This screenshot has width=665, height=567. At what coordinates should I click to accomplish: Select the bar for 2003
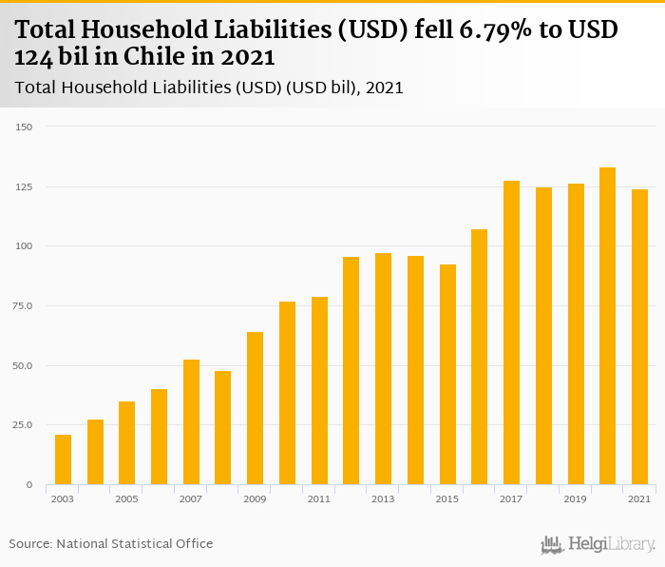click(x=63, y=459)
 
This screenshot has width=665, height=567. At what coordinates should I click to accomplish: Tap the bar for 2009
click(x=255, y=408)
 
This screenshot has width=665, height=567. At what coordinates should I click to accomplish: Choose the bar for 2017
click(x=511, y=333)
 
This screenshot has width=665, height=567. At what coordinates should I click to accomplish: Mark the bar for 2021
click(x=639, y=337)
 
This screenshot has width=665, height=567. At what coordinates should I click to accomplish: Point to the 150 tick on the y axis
click(x=25, y=127)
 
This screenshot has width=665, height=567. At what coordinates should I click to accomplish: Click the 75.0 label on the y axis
click(x=23, y=306)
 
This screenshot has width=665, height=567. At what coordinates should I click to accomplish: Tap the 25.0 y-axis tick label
click(x=23, y=425)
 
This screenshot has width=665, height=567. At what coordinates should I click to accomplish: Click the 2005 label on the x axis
click(x=126, y=499)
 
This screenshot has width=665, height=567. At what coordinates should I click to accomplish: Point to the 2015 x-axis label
click(x=447, y=499)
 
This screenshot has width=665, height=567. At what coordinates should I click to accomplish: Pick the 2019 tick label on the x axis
click(x=575, y=499)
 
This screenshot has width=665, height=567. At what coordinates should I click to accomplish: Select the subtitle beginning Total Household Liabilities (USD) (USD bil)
click(x=209, y=88)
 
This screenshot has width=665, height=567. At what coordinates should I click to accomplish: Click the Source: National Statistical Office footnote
click(x=111, y=543)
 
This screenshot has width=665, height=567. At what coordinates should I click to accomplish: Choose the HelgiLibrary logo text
click(x=611, y=544)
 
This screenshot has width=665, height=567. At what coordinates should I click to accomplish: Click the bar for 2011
click(x=319, y=391)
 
